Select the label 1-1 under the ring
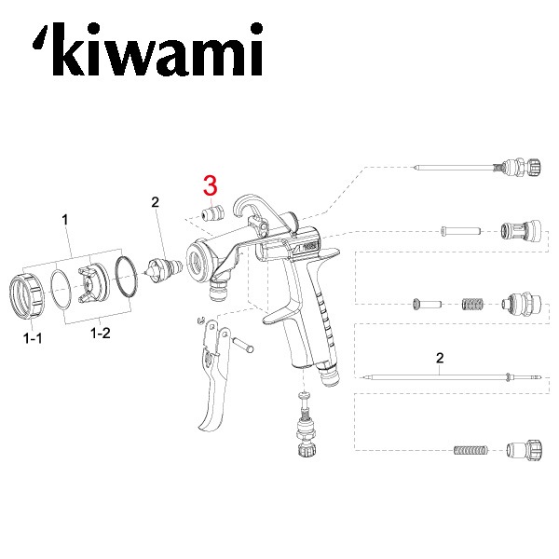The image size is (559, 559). (33, 340)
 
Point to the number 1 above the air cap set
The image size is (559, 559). (65, 220)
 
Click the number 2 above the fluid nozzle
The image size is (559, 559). (155, 201)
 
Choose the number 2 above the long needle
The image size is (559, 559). (438, 358)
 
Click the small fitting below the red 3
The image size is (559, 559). (211, 212)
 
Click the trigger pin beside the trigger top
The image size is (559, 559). (246, 346)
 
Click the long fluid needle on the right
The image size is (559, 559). (438, 376)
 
